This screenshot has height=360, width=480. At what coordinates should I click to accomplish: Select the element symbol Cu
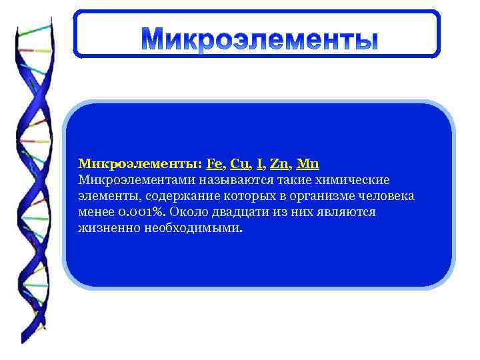tap(239, 163)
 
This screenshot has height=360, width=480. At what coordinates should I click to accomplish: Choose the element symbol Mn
tap(308, 163)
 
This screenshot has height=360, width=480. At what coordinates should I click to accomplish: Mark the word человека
tap(385, 196)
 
